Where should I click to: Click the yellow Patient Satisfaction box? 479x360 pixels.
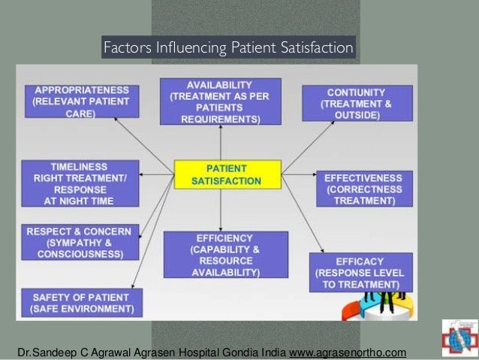(227, 174)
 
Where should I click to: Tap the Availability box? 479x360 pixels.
(219, 101)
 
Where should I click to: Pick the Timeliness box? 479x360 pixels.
(80, 183)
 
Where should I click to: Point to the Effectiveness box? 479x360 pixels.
(363, 189)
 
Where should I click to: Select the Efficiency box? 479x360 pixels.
(225, 254)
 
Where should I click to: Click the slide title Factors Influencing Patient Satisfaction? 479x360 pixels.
(227, 48)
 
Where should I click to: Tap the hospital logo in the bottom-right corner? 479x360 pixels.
(459, 339)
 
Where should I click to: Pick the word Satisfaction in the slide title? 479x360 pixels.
(318, 48)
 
